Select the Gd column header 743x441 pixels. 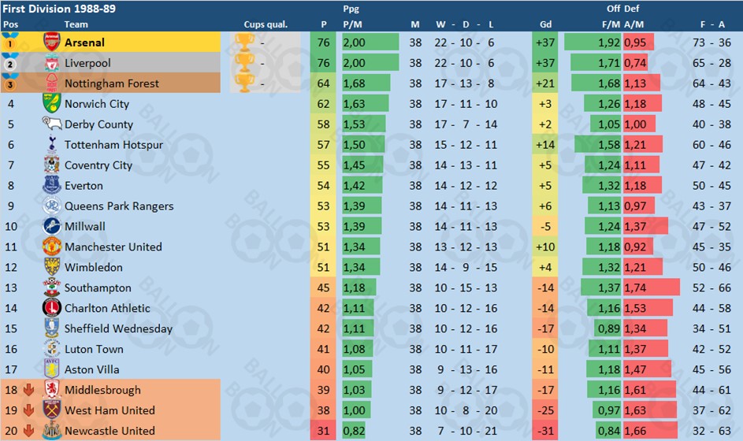(545, 24)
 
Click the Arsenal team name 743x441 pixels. (84, 43)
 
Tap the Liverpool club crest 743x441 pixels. (52, 63)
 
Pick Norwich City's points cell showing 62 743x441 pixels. (324, 104)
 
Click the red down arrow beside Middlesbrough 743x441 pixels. (28, 390)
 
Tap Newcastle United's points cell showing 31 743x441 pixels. (324, 431)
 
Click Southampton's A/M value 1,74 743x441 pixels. (635, 288)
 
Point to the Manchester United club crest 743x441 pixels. (52, 246)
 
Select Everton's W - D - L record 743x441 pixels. (466, 186)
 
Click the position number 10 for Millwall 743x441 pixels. (11, 227)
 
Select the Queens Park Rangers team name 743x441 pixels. (119, 206)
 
